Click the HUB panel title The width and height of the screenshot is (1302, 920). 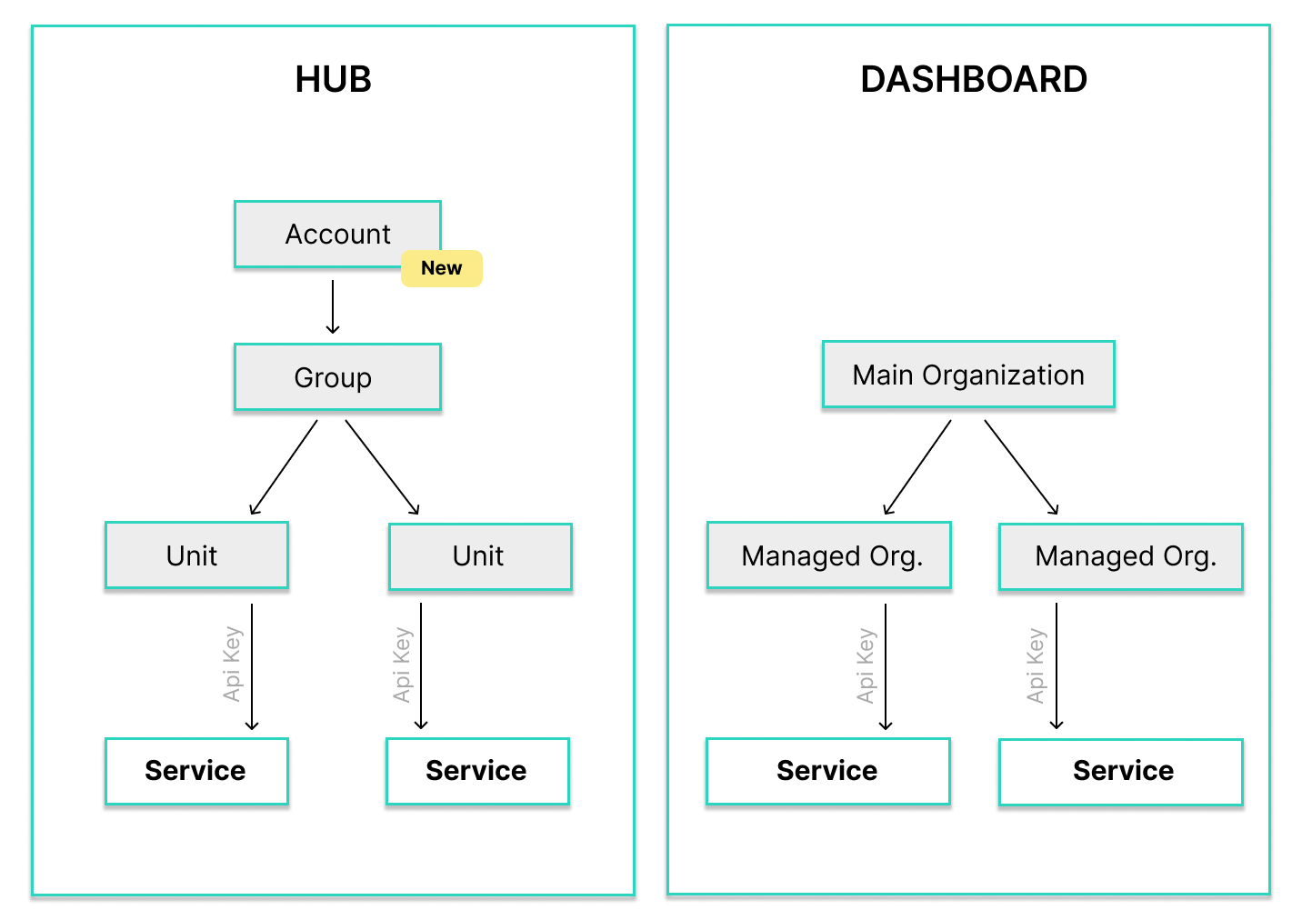click(333, 80)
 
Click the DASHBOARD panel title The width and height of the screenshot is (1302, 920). click(973, 80)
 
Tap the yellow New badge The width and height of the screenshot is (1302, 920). click(442, 268)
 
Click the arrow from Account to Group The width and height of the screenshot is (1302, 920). click(333, 306)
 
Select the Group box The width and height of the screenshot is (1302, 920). click(337, 377)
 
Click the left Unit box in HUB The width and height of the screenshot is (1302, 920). click(196, 555)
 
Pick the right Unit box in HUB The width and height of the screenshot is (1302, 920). click(480, 556)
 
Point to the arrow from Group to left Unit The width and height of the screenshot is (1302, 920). click(285, 467)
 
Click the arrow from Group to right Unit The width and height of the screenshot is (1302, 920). click(382, 467)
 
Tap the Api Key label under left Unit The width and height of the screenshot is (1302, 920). click(232, 664)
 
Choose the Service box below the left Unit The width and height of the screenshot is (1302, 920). click(196, 771)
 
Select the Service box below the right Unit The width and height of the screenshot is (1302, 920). click(477, 771)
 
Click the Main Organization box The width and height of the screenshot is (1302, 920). click(968, 375)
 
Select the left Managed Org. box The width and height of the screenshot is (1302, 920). click(829, 555)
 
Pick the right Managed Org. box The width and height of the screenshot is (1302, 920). click(1121, 556)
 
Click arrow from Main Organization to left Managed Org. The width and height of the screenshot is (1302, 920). click(917, 467)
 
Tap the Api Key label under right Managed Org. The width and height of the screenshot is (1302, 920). click(1035, 665)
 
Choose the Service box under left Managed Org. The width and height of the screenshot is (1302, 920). click(828, 771)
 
